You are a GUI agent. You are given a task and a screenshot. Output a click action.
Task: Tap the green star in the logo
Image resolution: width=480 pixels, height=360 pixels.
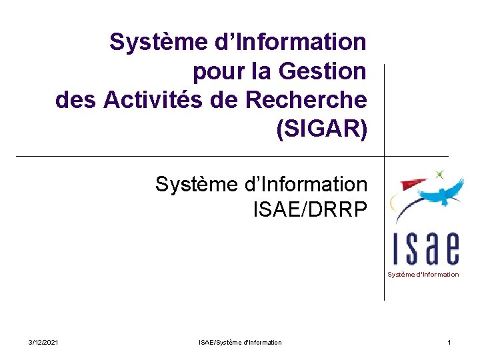(439, 175)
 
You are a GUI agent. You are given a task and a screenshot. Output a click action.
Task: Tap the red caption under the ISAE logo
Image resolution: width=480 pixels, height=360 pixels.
(423, 275)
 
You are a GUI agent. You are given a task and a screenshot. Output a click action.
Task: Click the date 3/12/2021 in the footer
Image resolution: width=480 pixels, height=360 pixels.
(43, 343)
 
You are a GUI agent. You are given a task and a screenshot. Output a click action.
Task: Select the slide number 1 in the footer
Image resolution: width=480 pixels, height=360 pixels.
(449, 343)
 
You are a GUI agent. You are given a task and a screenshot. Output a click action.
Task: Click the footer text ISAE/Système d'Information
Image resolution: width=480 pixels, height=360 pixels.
(240, 343)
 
